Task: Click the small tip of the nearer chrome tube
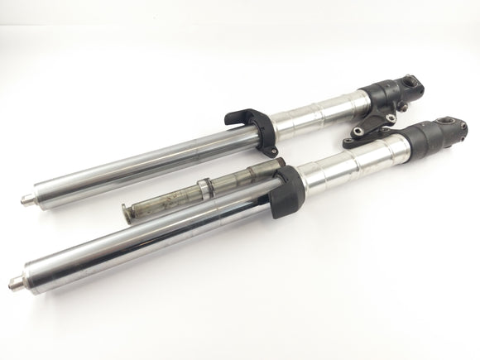(x=15, y=285)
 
